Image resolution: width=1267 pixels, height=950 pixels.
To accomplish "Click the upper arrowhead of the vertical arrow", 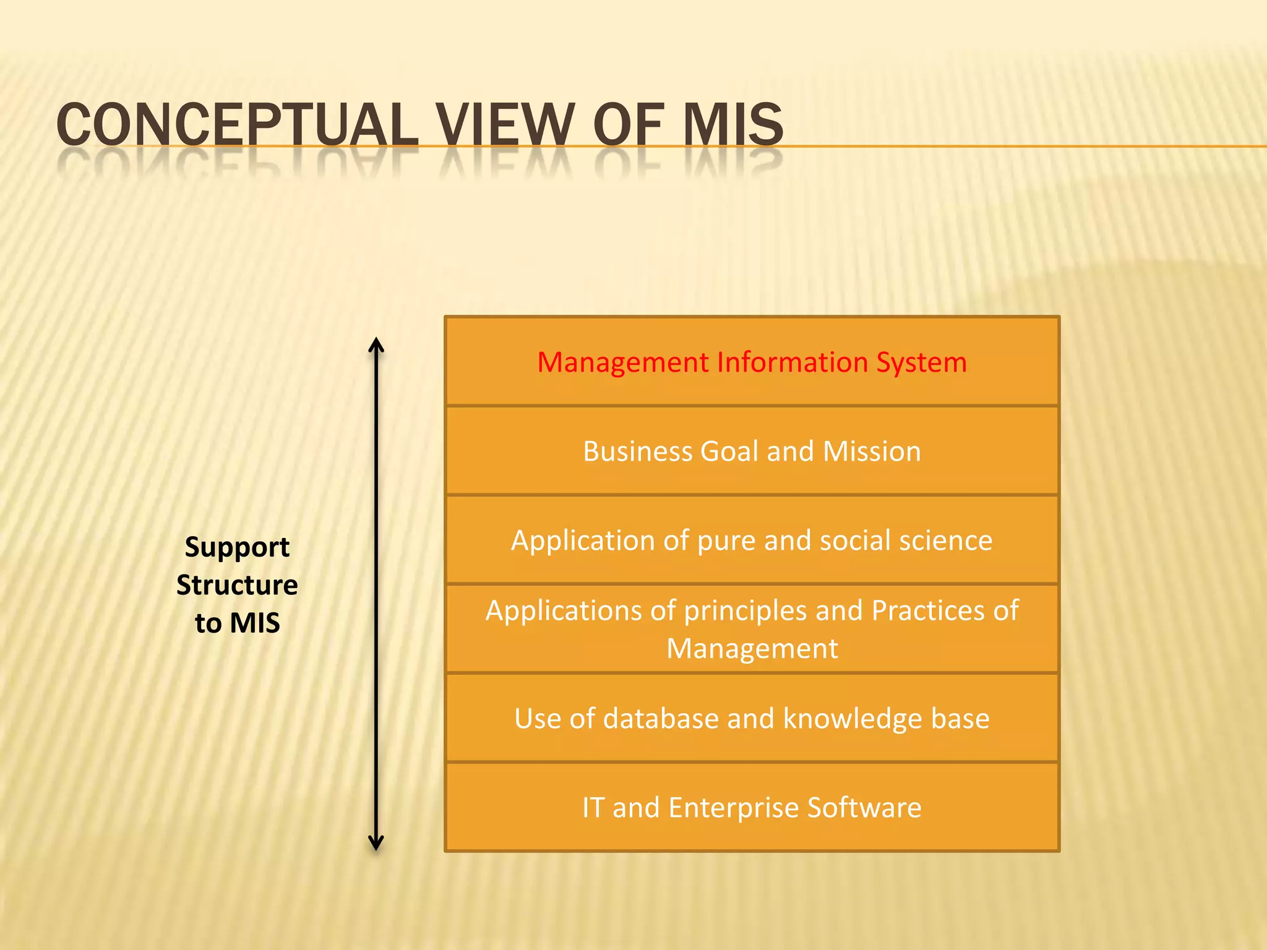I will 376,344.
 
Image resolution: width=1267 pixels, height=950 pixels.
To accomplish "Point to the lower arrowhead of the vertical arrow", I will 376,844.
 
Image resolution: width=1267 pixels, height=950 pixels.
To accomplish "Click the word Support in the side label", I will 237,547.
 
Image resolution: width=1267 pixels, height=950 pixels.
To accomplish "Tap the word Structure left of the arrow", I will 237,585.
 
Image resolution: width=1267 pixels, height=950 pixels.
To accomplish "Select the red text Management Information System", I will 752,362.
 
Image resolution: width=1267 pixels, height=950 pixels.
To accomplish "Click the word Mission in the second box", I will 872,451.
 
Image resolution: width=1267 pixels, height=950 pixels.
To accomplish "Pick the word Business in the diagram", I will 637,451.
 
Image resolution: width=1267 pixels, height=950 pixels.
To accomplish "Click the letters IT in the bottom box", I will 593,808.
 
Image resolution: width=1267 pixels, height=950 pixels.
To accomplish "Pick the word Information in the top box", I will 792,362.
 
